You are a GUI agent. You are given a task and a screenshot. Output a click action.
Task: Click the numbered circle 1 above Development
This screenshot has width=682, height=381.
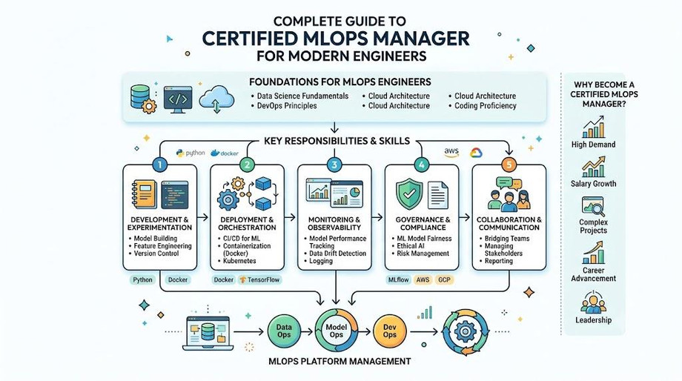pyautogui.click(x=160, y=165)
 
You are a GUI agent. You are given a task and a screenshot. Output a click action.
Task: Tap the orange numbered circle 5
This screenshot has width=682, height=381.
pyautogui.click(x=509, y=165)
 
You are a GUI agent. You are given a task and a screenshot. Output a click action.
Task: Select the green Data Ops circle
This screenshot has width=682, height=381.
pyautogui.click(x=284, y=331)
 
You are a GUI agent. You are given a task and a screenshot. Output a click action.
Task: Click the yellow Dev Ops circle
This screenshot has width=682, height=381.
pyautogui.click(x=390, y=331)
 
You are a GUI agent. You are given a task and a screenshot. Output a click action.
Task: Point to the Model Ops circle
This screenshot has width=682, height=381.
pyautogui.click(x=337, y=331)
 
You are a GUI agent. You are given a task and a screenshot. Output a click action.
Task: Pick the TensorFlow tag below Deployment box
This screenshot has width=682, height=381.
pyautogui.click(x=259, y=279)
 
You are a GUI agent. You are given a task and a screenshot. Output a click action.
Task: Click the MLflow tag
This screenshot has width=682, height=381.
pyautogui.click(x=398, y=279)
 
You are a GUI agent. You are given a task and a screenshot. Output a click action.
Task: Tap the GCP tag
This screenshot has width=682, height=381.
pyautogui.click(x=444, y=279)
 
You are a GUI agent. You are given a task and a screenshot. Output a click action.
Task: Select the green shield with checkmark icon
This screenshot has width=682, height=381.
pyautogui.click(x=409, y=194)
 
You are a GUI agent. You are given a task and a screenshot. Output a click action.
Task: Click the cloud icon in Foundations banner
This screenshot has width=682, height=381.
pyautogui.click(x=216, y=99)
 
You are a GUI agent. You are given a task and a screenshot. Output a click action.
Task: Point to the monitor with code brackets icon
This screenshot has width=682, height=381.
pyautogui.click(x=178, y=99)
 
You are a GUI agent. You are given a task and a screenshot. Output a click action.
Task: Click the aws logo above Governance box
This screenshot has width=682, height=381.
pyautogui.click(x=451, y=152)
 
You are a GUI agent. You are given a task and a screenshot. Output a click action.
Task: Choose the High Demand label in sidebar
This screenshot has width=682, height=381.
pyautogui.click(x=593, y=145)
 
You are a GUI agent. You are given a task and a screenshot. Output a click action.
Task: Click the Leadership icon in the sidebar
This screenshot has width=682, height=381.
pyautogui.click(x=593, y=302)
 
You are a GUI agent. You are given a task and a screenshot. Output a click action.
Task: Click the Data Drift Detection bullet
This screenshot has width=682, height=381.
pyautogui.click(x=337, y=253)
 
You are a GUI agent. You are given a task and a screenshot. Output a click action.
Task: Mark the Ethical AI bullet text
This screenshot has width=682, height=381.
pyautogui.click(x=410, y=246)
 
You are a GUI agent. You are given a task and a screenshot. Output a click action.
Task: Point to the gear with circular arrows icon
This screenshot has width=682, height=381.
pyautogui.click(x=465, y=332)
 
